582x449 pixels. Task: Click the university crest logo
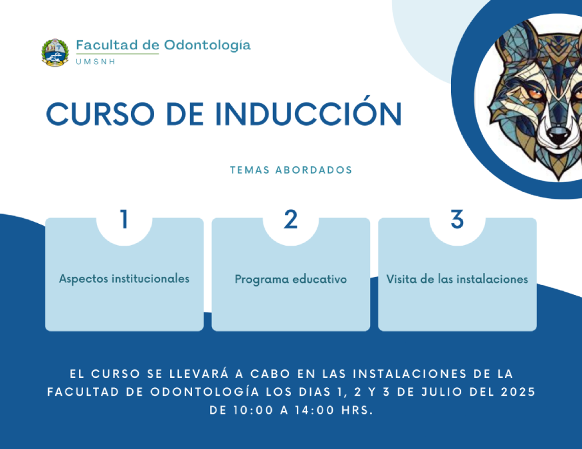tap(55, 53)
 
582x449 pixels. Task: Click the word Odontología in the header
tap(207, 46)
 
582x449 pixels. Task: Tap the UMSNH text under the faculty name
tap(95, 62)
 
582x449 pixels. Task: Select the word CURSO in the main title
tap(100, 114)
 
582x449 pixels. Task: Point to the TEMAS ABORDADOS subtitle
tap(291, 170)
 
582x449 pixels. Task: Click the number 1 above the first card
tap(125, 219)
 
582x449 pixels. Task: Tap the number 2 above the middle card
tap(290, 219)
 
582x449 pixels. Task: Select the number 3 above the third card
tap(457, 219)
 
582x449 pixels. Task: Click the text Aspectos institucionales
tap(125, 279)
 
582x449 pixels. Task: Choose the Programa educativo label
tap(290, 279)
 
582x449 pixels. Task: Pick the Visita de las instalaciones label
tap(457, 279)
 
